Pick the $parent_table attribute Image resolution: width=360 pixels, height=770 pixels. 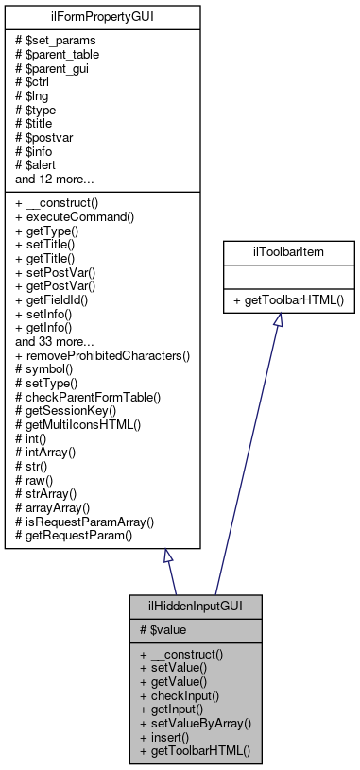[62, 54]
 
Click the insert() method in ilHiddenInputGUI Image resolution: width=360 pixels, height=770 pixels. [165, 736]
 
